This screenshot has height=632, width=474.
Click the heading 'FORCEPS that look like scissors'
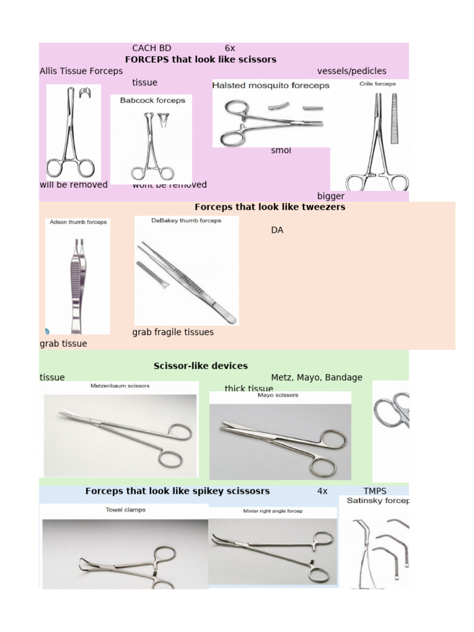tap(201, 59)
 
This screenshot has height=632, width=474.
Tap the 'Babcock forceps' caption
tap(152, 101)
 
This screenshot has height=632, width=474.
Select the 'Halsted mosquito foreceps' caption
tap(270, 86)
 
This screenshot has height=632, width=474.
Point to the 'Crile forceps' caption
tap(377, 83)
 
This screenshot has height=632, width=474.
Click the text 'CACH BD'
tap(152, 48)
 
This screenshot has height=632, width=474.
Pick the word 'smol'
tap(281, 151)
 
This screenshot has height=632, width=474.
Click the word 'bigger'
tap(331, 196)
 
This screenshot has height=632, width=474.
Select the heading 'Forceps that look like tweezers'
tap(270, 207)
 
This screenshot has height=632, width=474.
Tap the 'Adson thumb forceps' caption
tap(78, 222)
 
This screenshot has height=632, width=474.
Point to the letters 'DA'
tap(277, 230)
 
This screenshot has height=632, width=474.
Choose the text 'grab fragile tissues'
tap(173, 332)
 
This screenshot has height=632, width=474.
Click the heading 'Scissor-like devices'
tap(201, 366)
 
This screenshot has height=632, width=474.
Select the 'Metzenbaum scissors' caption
tap(120, 386)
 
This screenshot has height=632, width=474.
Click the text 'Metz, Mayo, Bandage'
tap(317, 377)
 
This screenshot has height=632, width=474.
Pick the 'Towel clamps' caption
tap(125, 510)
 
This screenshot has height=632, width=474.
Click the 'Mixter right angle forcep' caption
tap(273, 511)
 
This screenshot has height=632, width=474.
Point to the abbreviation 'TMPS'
tap(375, 491)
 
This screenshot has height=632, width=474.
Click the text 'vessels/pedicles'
tap(352, 71)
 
